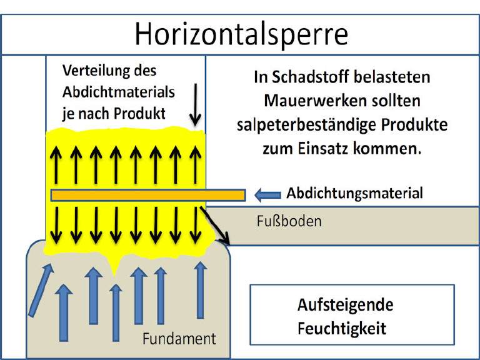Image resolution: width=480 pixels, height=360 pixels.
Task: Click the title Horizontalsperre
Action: tap(241, 34)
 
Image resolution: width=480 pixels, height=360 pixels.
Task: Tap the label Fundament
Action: tap(179, 339)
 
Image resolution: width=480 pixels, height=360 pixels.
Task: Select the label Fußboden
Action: tap(289, 221)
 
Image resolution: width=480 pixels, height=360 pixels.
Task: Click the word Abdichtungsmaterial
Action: tap(354, 194)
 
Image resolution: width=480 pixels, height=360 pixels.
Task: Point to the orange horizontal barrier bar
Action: tap(148, 195)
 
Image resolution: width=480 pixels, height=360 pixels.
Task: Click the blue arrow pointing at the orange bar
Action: tap(268, 195)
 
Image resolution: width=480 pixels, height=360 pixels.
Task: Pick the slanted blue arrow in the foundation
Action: tap(41, 290)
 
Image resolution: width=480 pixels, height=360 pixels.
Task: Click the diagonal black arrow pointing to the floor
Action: tap(215, 226)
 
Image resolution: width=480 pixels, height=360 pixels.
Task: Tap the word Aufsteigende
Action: tap(345, 305)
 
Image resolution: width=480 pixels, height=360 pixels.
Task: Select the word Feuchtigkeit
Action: tap(342, 329)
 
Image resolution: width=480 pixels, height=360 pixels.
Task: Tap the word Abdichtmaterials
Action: tap(119, 92)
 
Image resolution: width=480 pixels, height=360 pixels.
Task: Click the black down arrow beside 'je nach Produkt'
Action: tap(195, 105)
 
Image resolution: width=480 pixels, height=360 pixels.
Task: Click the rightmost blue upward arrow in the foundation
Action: tap(201, 290)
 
